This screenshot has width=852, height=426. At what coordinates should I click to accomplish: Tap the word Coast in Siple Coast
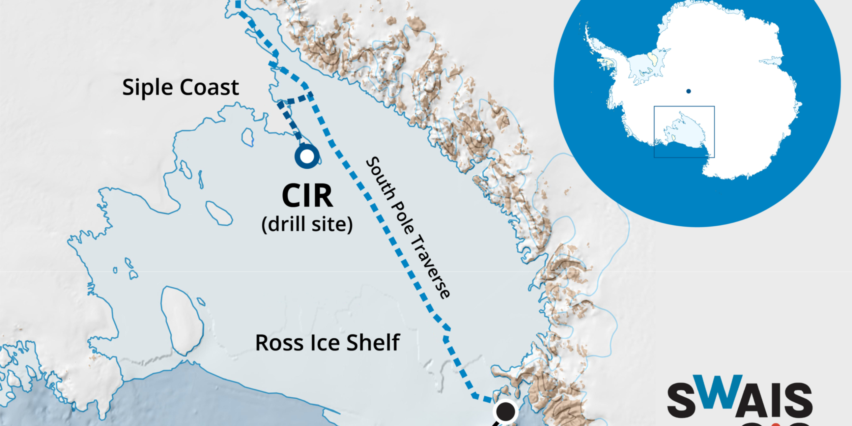(209, 87)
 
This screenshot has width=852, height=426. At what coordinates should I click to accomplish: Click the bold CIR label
(307, 196)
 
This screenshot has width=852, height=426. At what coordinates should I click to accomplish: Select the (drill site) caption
(307, 225)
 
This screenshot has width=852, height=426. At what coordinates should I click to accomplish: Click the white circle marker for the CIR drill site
(307, 156)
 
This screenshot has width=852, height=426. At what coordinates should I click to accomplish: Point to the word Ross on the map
(279, 343)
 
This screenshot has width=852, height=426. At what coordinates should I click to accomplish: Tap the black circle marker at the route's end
(505, 411)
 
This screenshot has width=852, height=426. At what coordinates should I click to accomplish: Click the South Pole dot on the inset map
(688, 91)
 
